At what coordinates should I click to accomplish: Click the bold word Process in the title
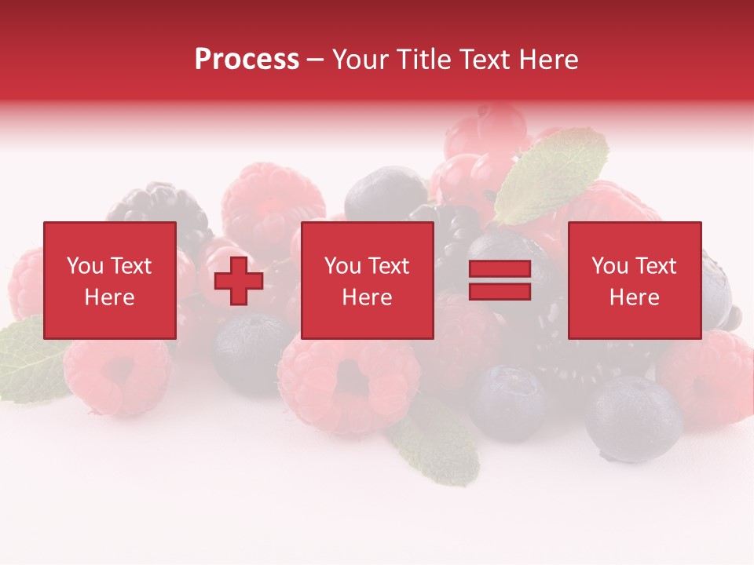[x=247, y=60]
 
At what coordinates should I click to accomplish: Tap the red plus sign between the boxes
[x=239, y=281]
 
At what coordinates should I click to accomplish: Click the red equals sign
[x=500, y=280]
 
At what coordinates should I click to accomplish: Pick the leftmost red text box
[x=109, y=280]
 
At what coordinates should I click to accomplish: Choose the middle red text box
[x=367, y=280]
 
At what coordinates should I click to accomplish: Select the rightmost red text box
[x=634, y=280]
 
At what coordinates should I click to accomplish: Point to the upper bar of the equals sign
[x=500, y=270]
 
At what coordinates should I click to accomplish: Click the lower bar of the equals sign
[x=500, y=291]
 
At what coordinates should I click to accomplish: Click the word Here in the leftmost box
[x=109, y=297]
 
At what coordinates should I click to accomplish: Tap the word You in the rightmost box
[x=609, y=266]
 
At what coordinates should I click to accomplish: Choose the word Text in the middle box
[x=389, y=266]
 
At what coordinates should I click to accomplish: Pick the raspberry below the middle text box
[x=350, y=385]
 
